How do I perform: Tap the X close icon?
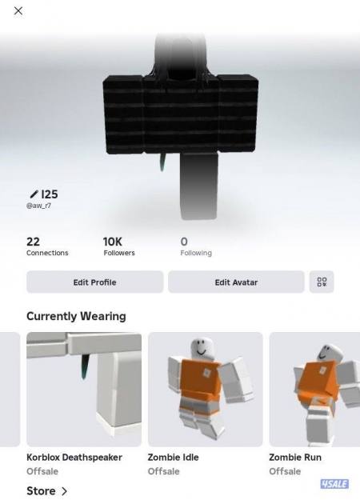pos(18,10)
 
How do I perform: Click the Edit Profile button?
pos(94,282)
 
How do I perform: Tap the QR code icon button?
pos(322,282)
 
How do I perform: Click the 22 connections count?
pos(33,241)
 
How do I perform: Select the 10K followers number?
pos(113,241)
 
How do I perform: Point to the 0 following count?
pos(184,241)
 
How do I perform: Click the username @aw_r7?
pos(40,206)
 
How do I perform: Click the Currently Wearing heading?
pos(76,316)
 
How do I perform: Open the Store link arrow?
pos(64,490)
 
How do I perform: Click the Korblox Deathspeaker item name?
pos(74,458)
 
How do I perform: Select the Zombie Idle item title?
pos(173,458)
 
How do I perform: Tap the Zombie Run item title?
pos(295,458)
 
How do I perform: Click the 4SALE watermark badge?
pos(334,484)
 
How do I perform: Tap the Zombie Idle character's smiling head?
pos(200,349)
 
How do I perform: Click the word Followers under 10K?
pos(119,253)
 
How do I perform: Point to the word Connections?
pos(47,253)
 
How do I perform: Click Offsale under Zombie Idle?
pos(164,471)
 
